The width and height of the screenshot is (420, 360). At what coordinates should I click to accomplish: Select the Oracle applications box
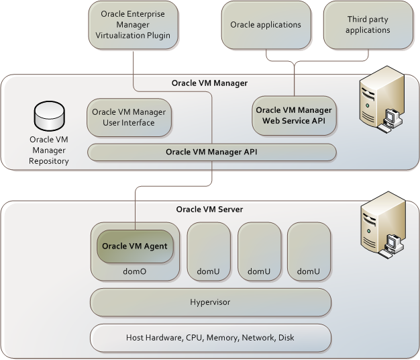[265, 25]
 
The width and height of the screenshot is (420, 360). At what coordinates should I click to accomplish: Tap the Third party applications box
[368, 25]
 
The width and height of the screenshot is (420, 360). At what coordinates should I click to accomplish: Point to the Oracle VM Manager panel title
[209, 83]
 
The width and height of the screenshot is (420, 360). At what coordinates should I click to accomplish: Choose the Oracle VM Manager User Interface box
[128, 117]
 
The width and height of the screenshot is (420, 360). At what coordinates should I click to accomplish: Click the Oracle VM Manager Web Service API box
[293, 115]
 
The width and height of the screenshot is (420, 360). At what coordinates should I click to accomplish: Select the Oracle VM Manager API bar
[211, 152]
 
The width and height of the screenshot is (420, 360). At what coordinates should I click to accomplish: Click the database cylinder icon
[49, 118]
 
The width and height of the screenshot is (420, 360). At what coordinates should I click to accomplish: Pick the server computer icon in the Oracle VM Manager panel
[378, 101]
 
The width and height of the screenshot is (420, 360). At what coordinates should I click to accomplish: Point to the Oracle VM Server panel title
[209, 209]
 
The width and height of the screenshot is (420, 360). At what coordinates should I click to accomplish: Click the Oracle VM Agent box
[134, 246]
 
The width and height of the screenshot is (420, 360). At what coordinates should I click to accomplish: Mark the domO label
[135, 271]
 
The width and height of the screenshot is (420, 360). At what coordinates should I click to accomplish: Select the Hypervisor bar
[210, 302]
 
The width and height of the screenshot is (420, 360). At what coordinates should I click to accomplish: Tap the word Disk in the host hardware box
[285, 337]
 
